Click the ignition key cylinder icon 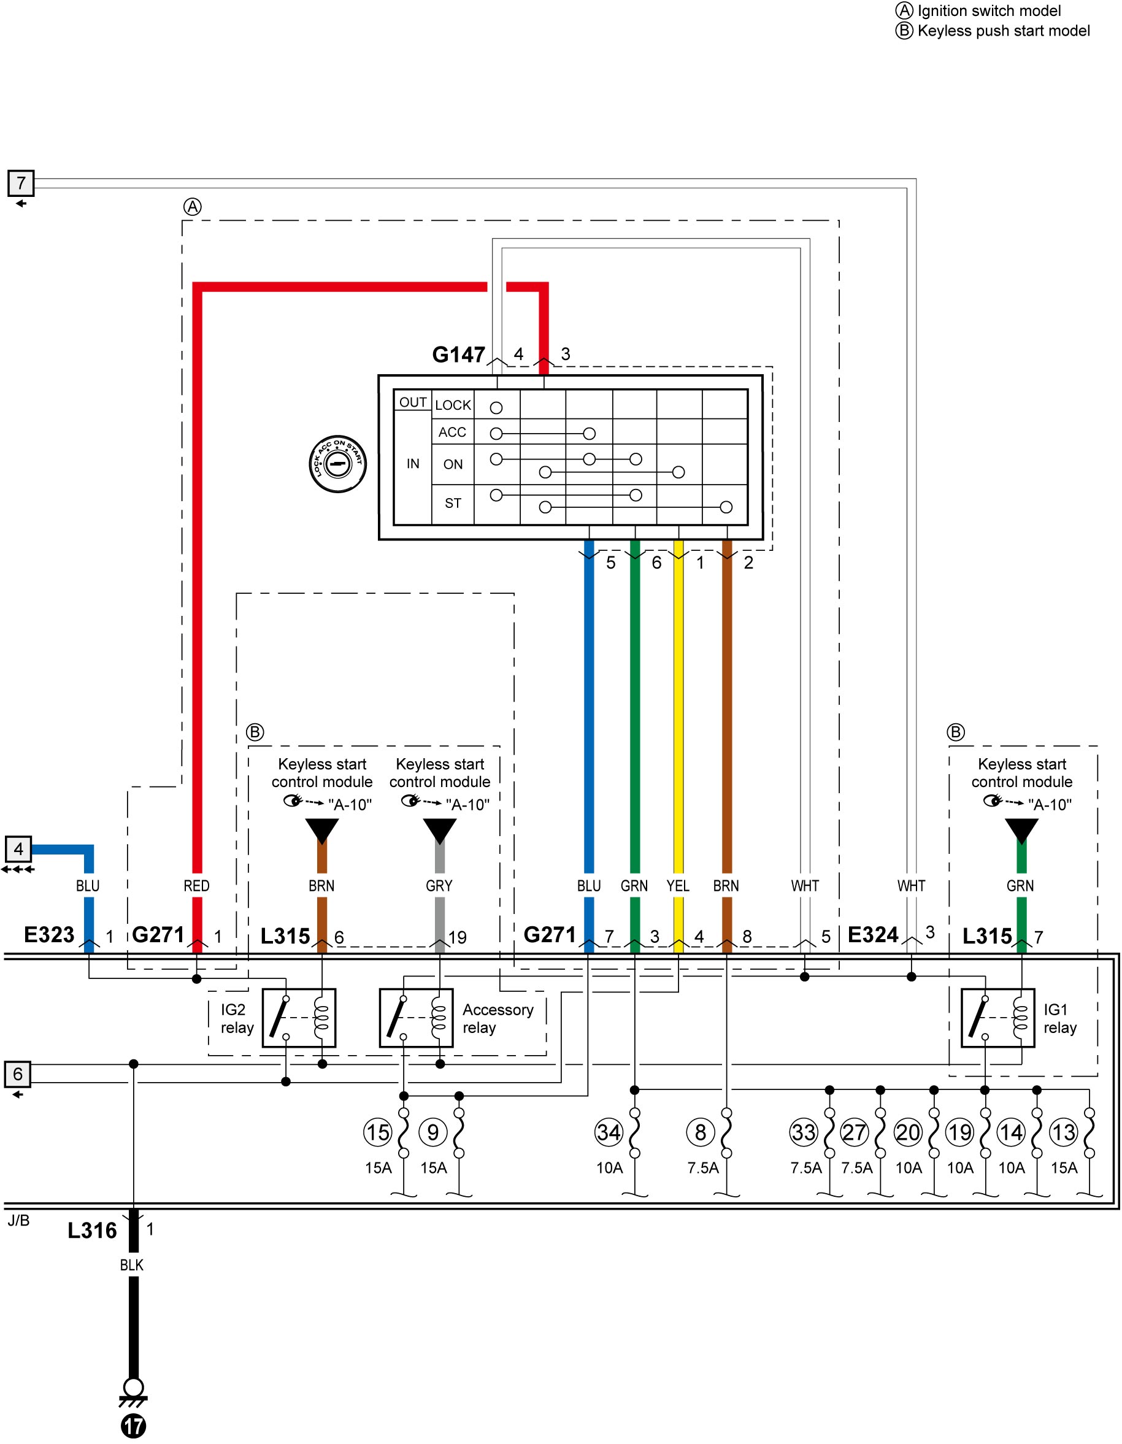coord(338,464)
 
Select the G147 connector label coord(458,355)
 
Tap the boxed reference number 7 coord(20,182)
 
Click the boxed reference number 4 coord(18,848)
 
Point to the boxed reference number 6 coord(18,1073)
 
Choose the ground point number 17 coord(134,1425)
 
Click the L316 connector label coord(93,1231)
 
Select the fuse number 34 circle coord(609,1132)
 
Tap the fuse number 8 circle coord(700,1132)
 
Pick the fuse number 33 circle coord(804,1132)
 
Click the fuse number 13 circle coord(1063,1132)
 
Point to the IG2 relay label coord(237,1018)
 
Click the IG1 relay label coord(1060,1018)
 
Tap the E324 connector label coord(873,934)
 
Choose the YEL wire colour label coord(678,885)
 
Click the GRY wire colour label coord(439,885)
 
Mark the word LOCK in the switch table coord(453,405)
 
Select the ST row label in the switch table coord(453,503)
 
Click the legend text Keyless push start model coord(1004,31)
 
